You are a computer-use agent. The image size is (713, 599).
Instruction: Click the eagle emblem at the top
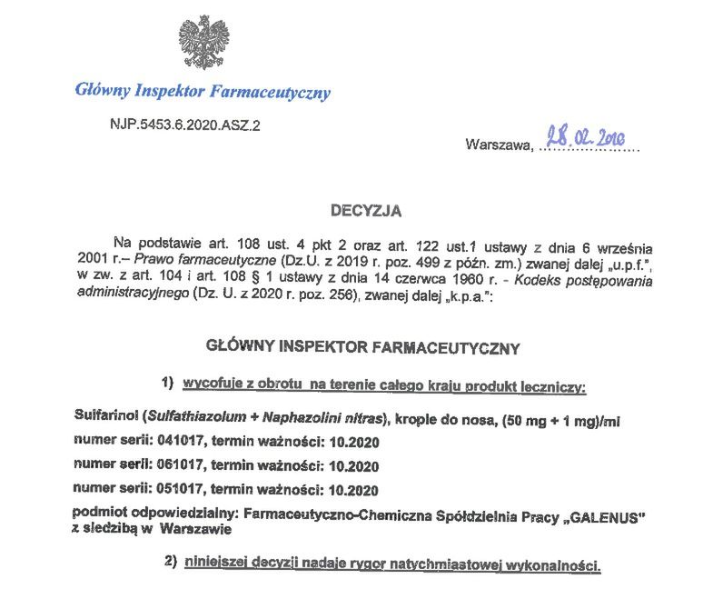tap(203, 42)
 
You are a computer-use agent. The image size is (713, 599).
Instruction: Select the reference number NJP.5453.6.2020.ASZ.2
tap(184, 125)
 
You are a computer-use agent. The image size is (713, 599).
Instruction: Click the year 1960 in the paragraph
tap(418, 280)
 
